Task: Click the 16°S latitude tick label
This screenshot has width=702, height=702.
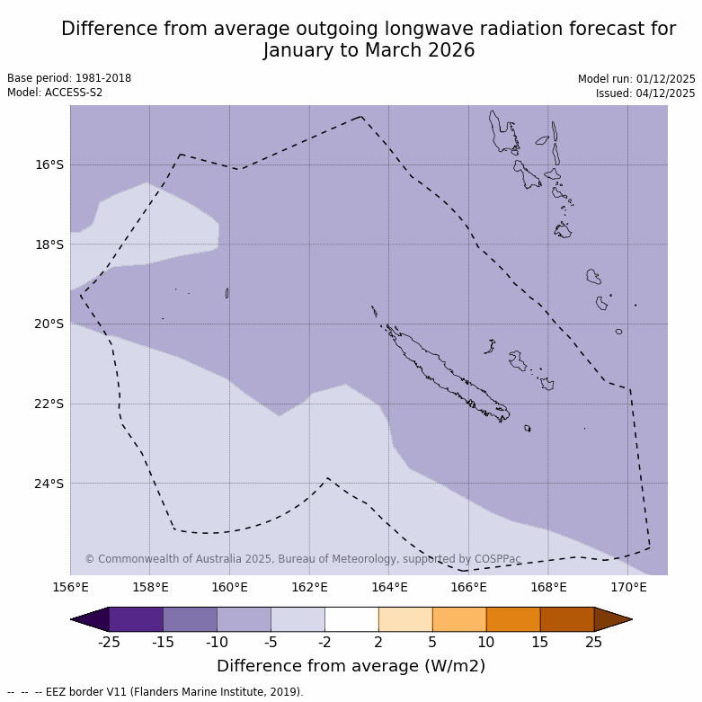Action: (x=49, y=164)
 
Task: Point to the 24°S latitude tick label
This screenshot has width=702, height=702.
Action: (x=49, y=484)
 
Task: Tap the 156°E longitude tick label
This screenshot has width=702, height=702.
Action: (x=70, y=588)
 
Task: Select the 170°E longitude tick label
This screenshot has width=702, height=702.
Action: (x=628, y=588)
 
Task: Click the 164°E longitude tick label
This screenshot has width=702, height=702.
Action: (x=389, y=588)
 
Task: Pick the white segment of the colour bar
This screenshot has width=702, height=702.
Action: (x=351, y=619)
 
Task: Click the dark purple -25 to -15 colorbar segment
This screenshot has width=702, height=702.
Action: (x=136, y=619)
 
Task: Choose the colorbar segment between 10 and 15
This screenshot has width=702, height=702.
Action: (x=513, y=619)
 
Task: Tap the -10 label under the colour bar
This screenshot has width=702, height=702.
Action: (x=217, y=642)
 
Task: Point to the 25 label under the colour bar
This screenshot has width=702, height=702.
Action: (x=594, y=642)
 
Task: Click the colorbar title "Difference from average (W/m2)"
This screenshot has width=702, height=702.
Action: (x=351, y=666)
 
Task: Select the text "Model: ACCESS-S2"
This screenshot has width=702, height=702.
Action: (x=55, y=93)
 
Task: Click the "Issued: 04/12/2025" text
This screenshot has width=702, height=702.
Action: (x=645, y=93)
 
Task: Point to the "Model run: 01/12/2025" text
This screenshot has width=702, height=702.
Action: (x=636, y=79)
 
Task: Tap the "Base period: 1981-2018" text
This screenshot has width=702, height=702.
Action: (x=69, y=78)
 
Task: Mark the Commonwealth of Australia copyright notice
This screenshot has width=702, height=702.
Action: (x=303, y=559)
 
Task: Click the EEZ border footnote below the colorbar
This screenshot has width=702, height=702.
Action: (x=155, y=692)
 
